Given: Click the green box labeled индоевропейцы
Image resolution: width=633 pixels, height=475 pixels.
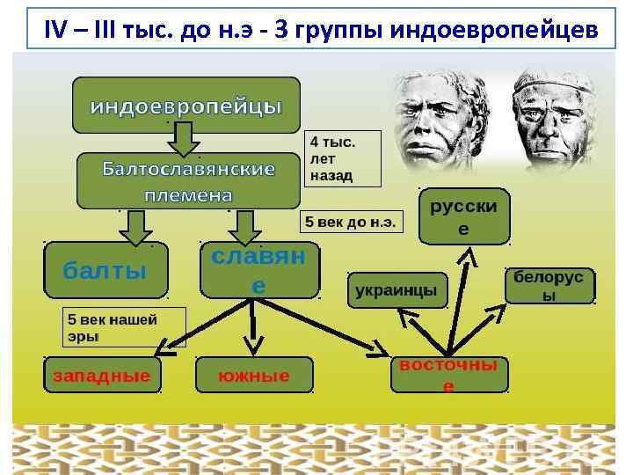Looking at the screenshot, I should (186, 106).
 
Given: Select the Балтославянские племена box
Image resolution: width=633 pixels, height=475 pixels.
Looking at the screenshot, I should (189, 179).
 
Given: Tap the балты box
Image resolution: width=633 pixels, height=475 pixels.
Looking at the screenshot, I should (105, 270).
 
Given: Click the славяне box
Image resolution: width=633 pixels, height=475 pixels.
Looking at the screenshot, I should (259, 270).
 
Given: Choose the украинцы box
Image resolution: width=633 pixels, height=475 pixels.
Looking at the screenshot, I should (397, 290).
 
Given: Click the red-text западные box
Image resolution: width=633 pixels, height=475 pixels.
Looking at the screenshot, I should (101, 376).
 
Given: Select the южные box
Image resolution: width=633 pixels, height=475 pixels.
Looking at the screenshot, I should (254, 376).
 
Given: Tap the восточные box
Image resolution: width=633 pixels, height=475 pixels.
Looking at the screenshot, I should (448, 375).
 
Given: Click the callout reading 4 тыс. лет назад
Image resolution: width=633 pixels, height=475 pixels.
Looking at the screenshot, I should (343, 158).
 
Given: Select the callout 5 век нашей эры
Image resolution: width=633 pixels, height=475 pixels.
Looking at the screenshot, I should (123, 327).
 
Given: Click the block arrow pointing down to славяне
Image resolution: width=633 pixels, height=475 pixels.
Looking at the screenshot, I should (244, 226).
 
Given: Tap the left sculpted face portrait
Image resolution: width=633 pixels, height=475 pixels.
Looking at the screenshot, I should (440, 119).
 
